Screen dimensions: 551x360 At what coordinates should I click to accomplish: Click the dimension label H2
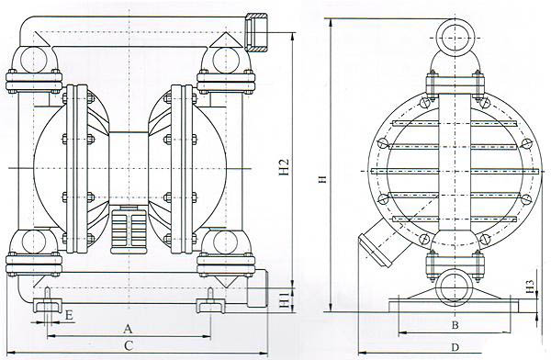point(284,167)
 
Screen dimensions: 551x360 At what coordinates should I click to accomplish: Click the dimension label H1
point(284,299)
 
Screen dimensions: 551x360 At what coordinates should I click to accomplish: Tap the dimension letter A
point(128,330)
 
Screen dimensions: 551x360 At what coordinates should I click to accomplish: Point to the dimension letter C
point(129,346)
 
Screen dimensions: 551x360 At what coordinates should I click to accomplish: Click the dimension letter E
point(69,315)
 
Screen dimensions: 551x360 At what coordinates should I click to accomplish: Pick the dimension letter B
point(455,325)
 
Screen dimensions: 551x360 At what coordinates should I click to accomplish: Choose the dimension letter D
point(455,347)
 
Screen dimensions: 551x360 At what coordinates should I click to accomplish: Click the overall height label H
point(324,179)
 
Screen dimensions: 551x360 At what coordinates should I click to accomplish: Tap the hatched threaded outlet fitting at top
point(256,32)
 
